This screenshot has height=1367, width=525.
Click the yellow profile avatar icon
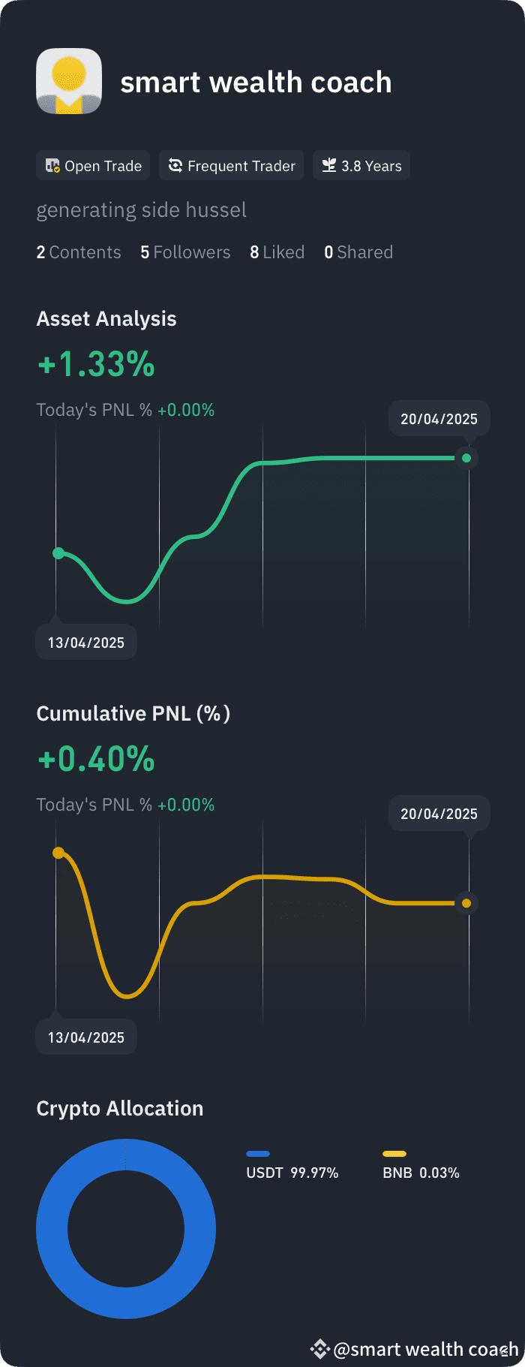tap(69, 81)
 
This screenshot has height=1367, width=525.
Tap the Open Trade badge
tap(93, 166)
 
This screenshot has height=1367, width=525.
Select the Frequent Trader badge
tap(231, 166)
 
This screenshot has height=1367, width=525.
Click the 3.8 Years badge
tap(361, 166)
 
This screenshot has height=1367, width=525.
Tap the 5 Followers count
tap(185, 252)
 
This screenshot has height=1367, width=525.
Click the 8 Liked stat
tap(277, 252)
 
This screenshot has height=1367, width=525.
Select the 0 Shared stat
tap(358, 252)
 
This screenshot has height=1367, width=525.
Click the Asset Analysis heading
tap(106, 319)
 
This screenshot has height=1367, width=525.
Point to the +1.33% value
tap(96, 364)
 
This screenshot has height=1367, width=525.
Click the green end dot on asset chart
tap(466, 458)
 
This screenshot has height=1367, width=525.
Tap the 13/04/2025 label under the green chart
tap(86, 643)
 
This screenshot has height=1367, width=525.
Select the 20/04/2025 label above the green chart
tap(439, 419)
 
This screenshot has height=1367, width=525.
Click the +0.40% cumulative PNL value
tap(96, 759)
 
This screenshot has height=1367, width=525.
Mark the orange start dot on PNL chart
tap(58, 853)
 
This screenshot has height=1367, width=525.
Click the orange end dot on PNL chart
tap(466, 903)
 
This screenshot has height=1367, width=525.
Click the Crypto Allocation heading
tap(120, 1109)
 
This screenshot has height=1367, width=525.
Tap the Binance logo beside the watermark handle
tap(320, 1349)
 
